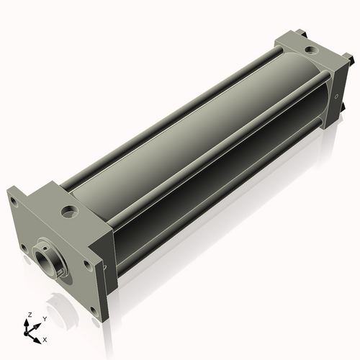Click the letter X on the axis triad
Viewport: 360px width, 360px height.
pos(45,338)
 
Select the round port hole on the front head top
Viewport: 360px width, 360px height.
pos(70,212)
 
